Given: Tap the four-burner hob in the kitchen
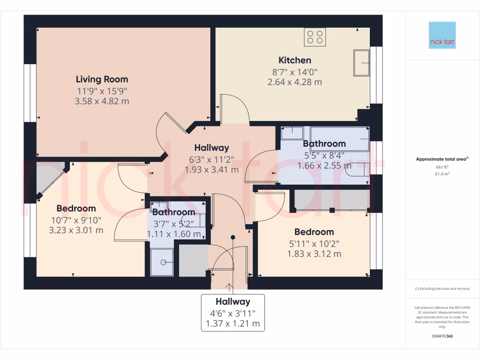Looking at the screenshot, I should pos(315,37).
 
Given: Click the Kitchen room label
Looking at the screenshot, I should pos(295,60).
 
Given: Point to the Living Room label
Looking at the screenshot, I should pos(102,79).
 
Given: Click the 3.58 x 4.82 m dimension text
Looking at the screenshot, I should pos(102,101).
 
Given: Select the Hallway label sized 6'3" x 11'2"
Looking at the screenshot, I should pos(212,148).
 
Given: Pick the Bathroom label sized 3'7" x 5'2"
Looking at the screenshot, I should pos(174,212).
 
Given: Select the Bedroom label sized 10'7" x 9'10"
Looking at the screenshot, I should pos(76,208).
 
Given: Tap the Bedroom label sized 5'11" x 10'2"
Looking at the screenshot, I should pos(314,232).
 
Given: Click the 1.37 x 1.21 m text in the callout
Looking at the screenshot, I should pos(233,323).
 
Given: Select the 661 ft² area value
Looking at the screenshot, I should pos(443,167).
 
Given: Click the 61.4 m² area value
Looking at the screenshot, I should pos(443,173).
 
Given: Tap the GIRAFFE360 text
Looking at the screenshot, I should pos(443,336).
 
